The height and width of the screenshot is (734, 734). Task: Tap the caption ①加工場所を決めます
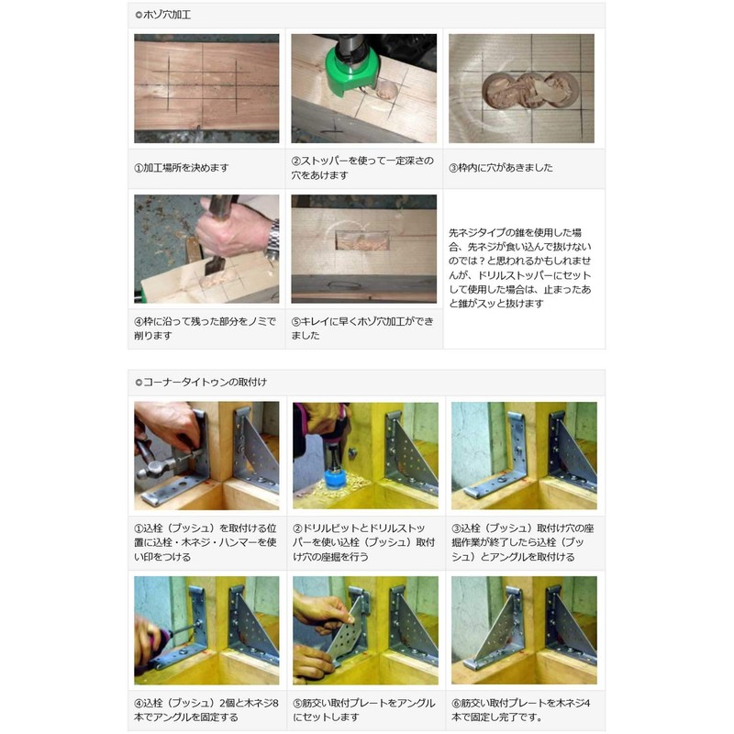point(182,168)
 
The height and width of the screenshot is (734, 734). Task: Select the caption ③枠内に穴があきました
point(500,168)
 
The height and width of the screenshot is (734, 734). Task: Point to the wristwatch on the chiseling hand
point(272,240)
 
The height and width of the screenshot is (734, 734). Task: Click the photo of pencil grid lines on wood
point(206,88)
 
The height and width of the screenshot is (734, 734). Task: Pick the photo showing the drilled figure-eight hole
point(521,88)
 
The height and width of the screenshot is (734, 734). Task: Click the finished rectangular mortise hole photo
point(363,248)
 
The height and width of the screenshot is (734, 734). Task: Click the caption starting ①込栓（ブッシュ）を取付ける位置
point(206,541)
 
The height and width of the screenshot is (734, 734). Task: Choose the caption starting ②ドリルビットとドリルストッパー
point(363,541)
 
